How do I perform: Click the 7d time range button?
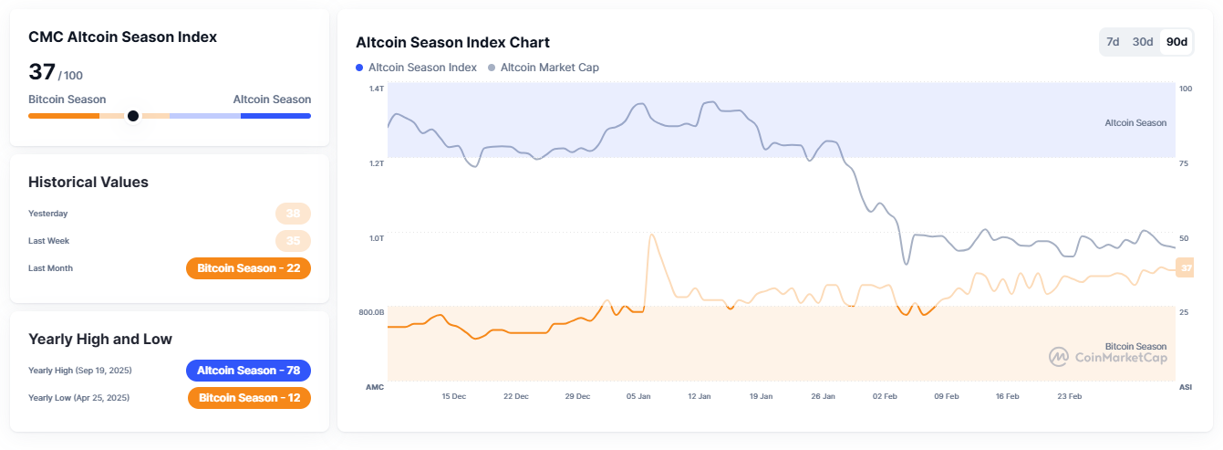point(1113,42)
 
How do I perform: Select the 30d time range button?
point(1142,42)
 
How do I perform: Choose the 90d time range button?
point(1176,42)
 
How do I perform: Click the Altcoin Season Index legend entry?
point(416,68)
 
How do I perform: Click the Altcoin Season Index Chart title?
point(452,42)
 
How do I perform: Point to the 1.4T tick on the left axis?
point(377,89)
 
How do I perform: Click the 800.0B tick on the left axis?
point(370,312)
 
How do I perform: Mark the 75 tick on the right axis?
point(1185,163)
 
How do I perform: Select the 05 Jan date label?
point(638,396)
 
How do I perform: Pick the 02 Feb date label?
point(884,396)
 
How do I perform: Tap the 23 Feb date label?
point(1069,396)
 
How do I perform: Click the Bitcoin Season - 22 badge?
point(248,268)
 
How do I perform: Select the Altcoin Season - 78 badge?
point(248,371)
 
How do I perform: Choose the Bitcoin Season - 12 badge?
point(249,398)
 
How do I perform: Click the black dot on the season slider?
point(133,116)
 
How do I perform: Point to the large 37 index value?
point(42,72)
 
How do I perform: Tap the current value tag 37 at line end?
point(1185,267)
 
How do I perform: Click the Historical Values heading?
point(88,182)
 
